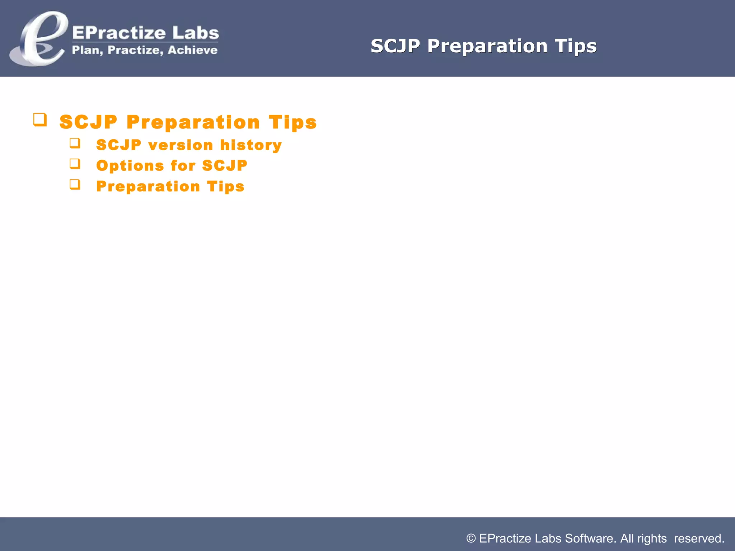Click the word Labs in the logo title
pos(196,33)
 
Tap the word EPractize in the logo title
pos(119,33)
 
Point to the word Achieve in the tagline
pos(192,50)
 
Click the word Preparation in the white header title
pos(487,46)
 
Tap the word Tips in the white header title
pos(576,46)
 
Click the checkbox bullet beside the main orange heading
pos(40,120)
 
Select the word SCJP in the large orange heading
pos(88,122)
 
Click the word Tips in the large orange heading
pos(292,122)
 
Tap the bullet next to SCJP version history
pos(75,143)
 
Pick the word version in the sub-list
pos(181,145)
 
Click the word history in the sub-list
pos(251,145)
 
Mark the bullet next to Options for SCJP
pos(75,164)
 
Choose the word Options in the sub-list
pos(130,166)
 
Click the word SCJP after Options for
pos(225,166)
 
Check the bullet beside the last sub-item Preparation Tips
pos(75,185)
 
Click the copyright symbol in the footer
pos(471,538)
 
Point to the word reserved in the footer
pos(698,538)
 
